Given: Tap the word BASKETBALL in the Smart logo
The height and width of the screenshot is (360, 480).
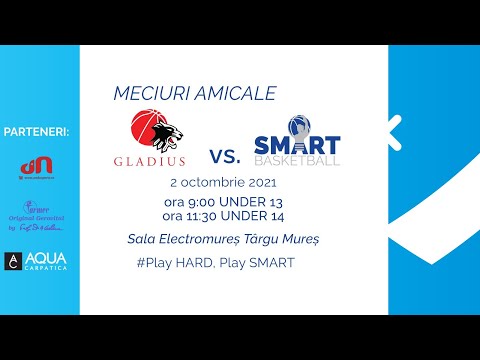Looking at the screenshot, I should click(x=297, y=161).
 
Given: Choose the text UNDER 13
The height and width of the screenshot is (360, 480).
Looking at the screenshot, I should click(x=255, y=201).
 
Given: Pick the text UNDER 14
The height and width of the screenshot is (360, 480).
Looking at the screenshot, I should click(x=257, y=215).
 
